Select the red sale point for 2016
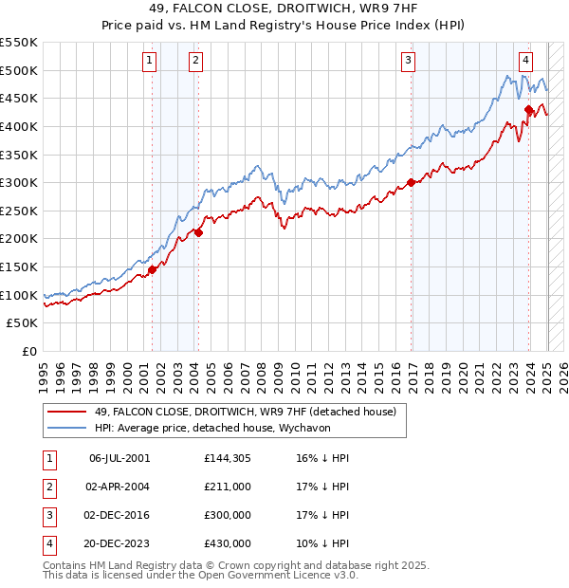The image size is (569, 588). [411, 183]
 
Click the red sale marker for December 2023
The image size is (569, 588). [529, 110]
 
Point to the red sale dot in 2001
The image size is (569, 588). [152, 270]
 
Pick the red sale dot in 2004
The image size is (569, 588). [199, 232]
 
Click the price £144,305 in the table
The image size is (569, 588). [227, 458]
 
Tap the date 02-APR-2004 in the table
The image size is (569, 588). [119, 487]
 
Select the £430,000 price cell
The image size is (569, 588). [227, 543]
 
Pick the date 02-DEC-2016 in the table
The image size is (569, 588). [119, 515]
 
